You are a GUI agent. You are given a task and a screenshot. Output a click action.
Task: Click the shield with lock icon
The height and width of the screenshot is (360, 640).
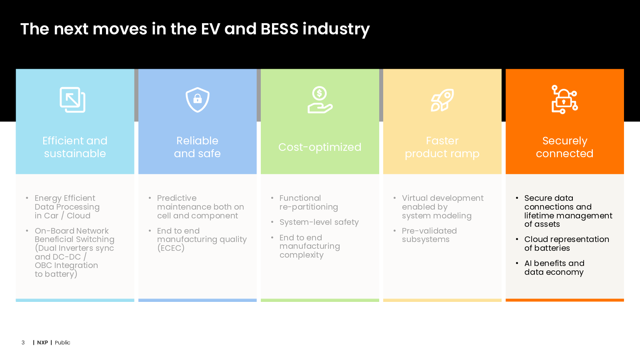tap(198, 100)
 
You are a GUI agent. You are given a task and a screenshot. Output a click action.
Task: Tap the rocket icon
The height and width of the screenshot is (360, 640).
tap(442, 100)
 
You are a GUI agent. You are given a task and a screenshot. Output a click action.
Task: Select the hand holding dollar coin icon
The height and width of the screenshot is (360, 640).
tap(320, 100)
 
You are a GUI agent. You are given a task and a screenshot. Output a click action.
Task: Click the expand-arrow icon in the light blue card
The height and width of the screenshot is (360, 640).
tap(72, 100)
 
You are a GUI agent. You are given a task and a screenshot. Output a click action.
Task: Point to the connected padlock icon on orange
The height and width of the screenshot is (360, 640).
tap(564, 100)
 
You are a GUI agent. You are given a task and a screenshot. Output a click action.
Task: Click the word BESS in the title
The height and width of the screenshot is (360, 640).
tap(279, 29)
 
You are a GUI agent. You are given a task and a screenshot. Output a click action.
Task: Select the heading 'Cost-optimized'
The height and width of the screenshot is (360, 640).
tap(320, 147)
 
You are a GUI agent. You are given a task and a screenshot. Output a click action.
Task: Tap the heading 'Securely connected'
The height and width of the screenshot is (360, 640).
tap(564, 147)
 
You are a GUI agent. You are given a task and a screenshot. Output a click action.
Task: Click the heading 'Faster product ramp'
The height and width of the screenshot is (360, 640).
tap(442, 147)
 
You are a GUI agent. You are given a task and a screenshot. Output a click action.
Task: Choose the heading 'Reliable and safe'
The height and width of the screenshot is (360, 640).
tap(197, 147)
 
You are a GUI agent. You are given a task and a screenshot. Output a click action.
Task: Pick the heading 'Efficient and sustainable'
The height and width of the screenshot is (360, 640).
tap(75, 147)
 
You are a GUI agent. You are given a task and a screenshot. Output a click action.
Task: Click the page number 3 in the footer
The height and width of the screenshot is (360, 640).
tap(23, 342)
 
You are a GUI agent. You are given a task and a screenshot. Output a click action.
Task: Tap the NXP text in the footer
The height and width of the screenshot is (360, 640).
tap(42, 342)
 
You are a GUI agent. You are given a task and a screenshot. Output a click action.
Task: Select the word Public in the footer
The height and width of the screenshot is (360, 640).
tap(62, 342)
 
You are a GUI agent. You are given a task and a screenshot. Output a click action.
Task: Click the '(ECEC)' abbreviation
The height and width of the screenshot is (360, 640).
tap(171, 248)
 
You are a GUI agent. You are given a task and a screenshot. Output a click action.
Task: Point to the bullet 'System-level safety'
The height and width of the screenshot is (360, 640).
tap(319, 222)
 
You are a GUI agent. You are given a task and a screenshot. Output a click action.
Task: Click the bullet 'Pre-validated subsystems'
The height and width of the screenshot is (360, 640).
tap(429, 235)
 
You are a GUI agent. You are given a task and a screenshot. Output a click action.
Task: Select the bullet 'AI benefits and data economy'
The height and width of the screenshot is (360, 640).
tap(554, 268)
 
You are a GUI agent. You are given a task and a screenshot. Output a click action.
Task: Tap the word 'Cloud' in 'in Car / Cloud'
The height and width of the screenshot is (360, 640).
tap(78, 216)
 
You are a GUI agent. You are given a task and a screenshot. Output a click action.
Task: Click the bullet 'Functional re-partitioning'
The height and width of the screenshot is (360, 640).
tap(308, 202)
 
